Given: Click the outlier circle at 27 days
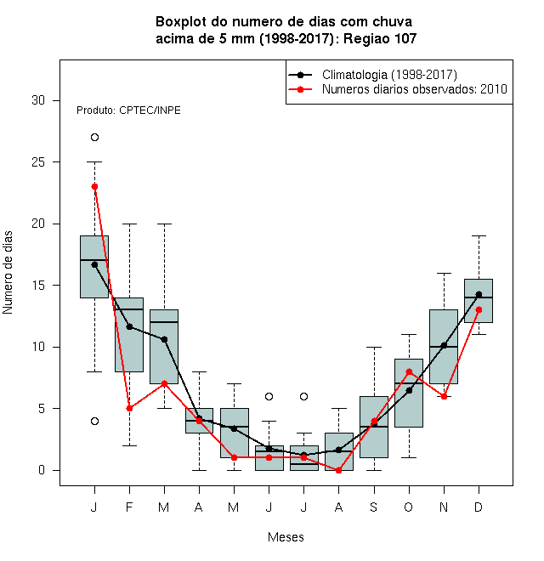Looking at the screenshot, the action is point(94,138).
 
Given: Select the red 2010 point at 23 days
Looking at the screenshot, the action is point(94,187).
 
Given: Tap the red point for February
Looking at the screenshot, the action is point(129,408).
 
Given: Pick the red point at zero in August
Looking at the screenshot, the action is point(338,470).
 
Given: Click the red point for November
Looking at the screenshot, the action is point(444,396).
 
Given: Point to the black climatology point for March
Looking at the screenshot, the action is point(164,339).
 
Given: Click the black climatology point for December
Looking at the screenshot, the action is point(479,294).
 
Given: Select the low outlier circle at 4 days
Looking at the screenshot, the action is point(94,421).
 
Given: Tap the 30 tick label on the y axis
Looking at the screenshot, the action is point(38,100).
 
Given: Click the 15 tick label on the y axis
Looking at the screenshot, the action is point(38,285).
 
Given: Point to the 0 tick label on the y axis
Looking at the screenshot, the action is point(42,470).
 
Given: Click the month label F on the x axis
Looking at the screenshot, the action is point(129,507).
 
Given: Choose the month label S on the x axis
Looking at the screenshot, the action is point(374,507).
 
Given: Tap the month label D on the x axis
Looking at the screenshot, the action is point(479,507).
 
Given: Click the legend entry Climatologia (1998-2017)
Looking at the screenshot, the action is point(389,75).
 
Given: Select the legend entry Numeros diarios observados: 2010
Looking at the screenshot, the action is point(415,89).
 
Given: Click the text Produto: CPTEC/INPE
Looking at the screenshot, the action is point(128,110).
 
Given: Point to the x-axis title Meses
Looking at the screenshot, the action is point(286,537).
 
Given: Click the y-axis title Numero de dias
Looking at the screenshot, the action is point(8,273).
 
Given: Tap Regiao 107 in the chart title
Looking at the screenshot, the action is point(380,38).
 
